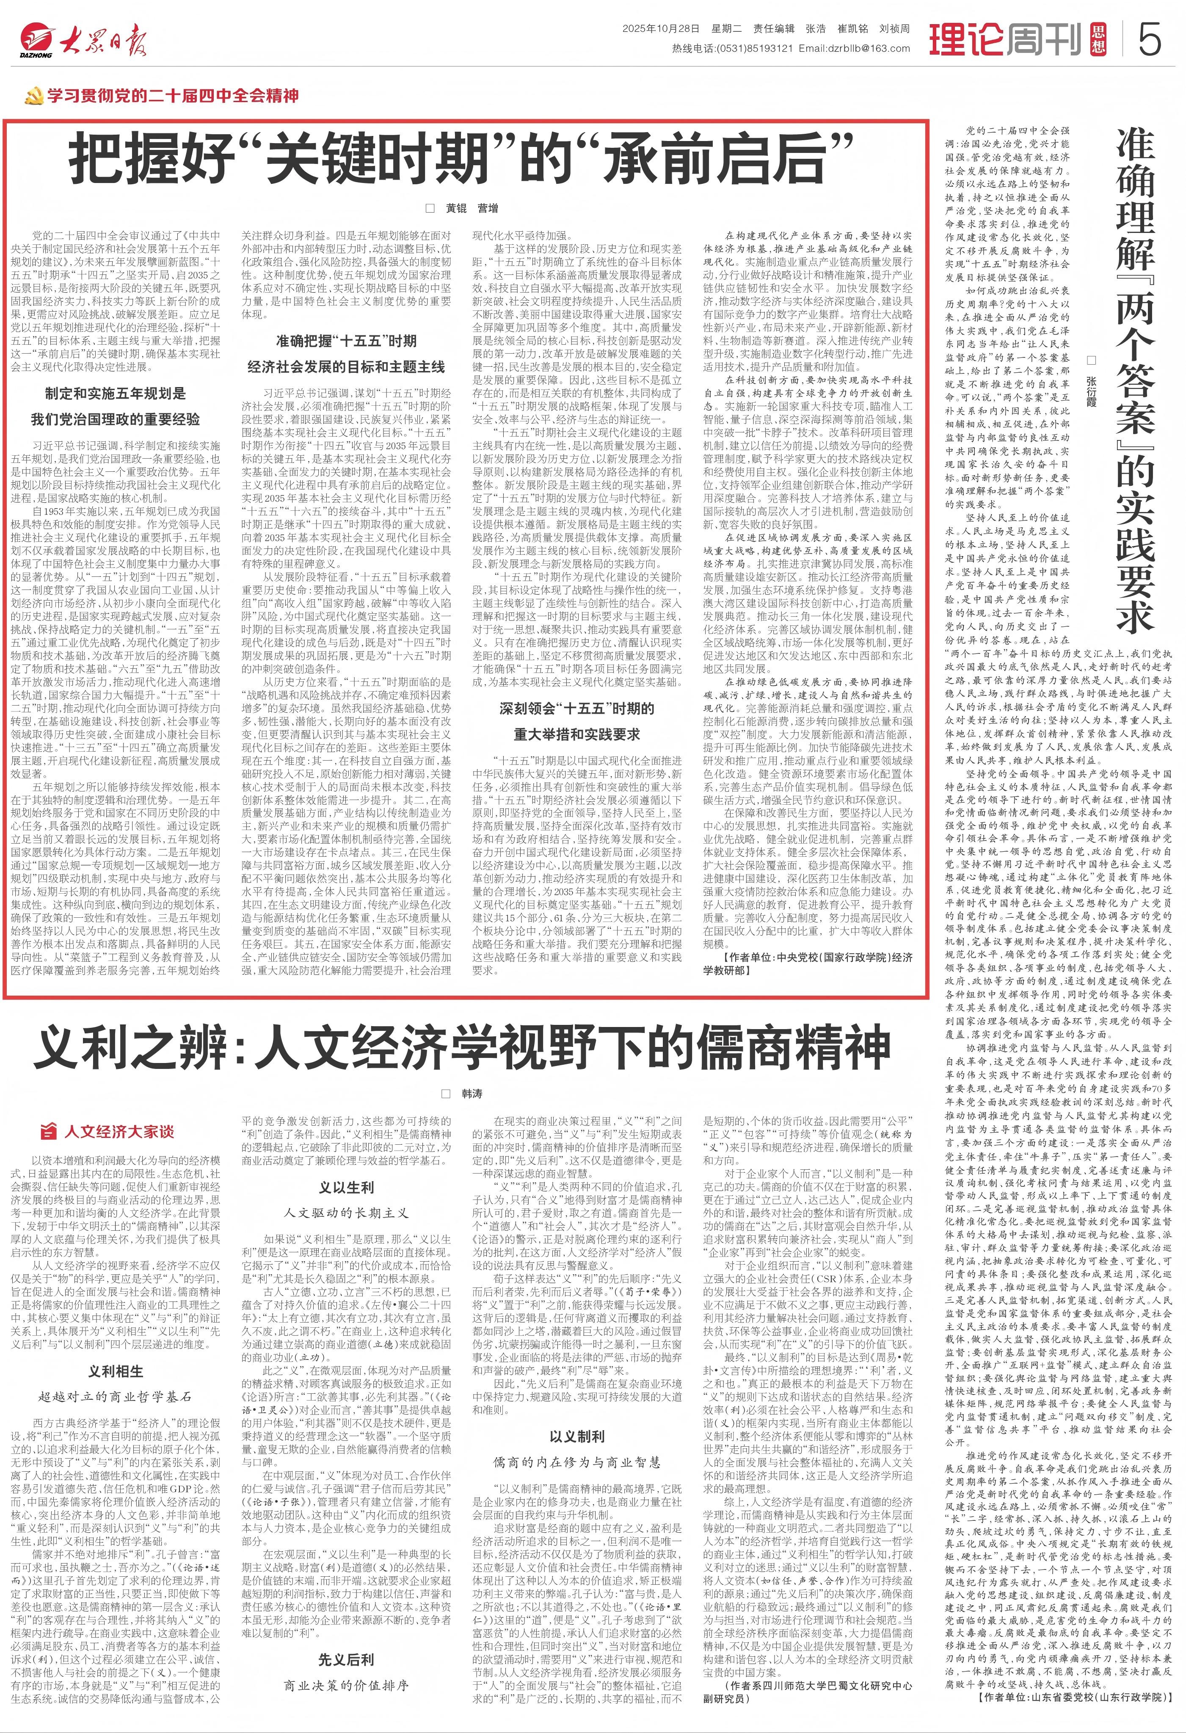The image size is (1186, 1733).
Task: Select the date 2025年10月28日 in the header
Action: tap(661, 29)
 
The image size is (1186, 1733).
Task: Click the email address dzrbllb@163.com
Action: tap(854, 48)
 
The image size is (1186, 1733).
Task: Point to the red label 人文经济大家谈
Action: tap(119, 1131)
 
